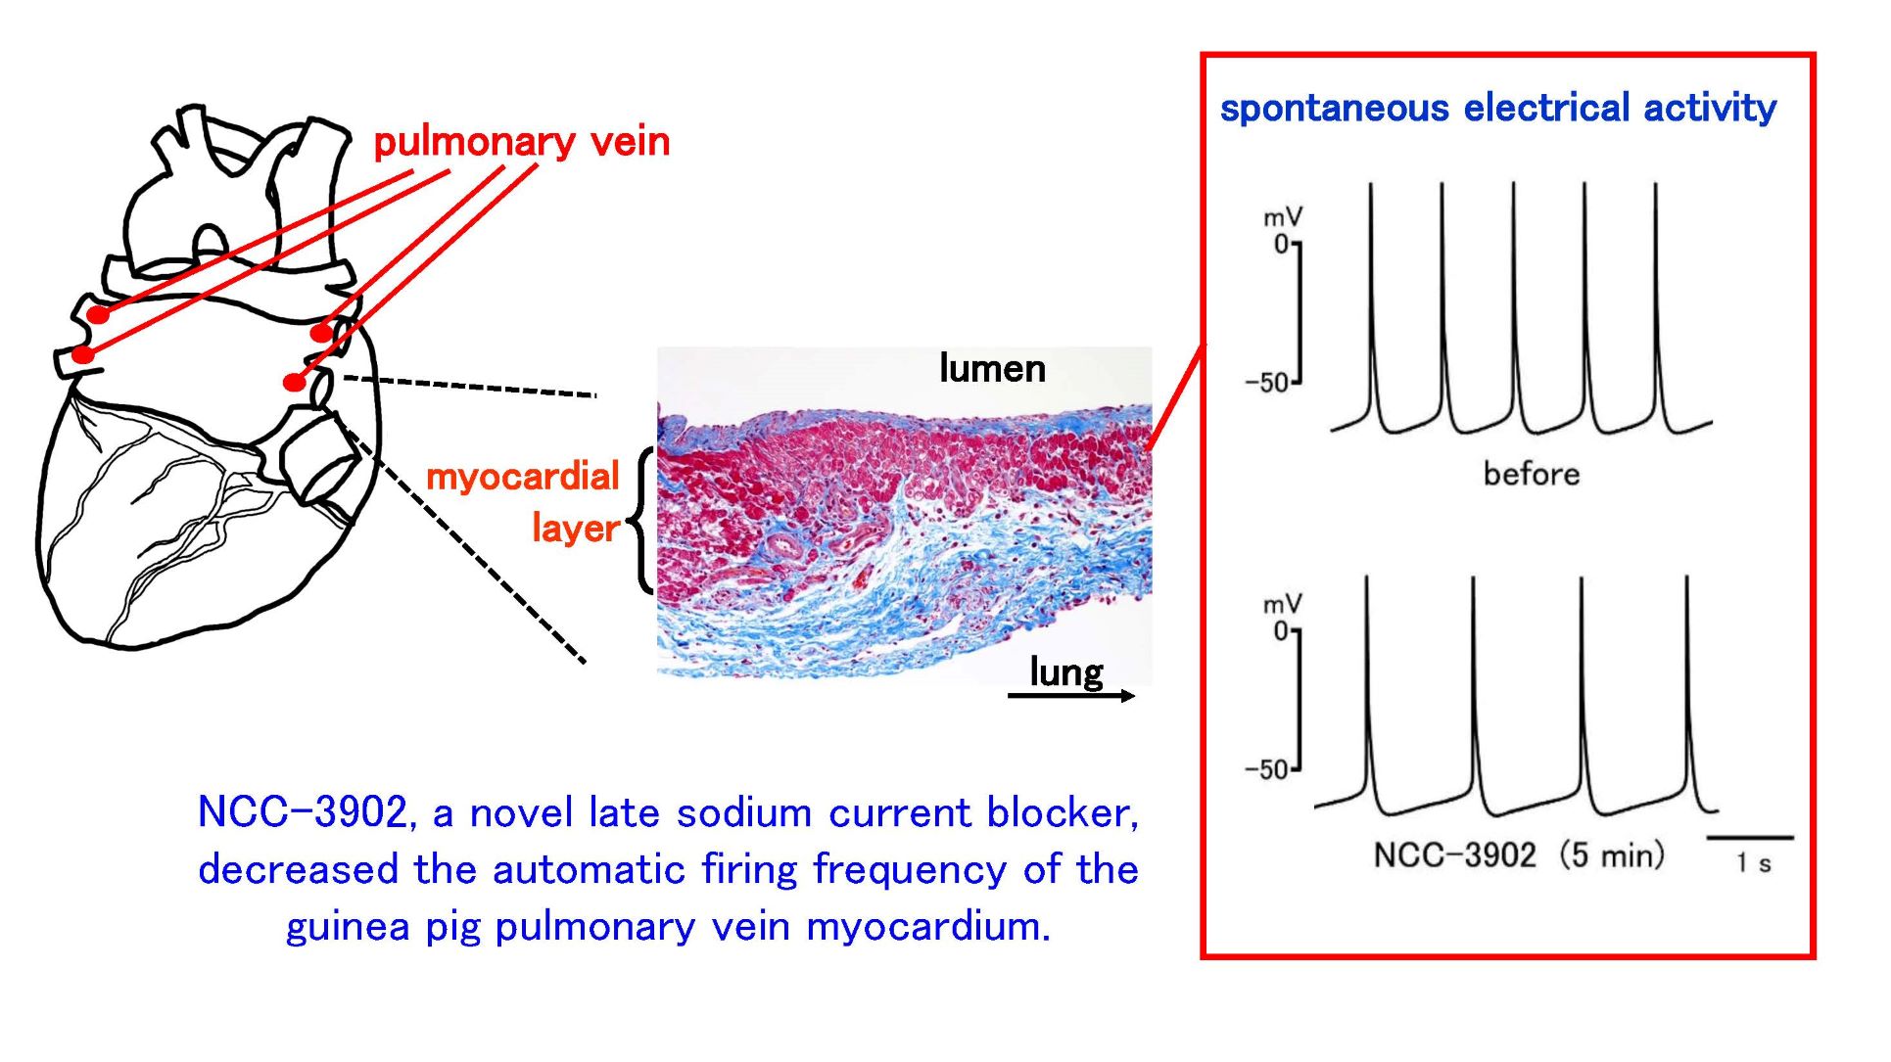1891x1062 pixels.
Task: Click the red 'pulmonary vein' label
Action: (521, 143)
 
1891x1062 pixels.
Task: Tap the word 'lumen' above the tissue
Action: (991, 369)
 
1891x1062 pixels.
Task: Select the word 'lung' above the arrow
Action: (1065, 671)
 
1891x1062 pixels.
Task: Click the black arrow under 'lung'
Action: (1070, 696)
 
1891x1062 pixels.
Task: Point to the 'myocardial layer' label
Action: (524, 501)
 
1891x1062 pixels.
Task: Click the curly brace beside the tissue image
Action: (643, 521)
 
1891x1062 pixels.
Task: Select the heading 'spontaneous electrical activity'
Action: (1497, 108)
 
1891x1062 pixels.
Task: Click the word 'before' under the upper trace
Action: (1531, 475)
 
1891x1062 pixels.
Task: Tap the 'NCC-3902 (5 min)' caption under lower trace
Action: (1518, 854)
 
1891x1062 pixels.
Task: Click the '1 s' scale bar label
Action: (1753, 863)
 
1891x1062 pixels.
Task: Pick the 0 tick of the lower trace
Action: (1281, 631)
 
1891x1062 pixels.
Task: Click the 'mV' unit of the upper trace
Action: (1282, 217)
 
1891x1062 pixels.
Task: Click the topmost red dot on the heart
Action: (98, 314)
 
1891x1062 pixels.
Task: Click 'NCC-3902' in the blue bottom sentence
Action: (303, 812)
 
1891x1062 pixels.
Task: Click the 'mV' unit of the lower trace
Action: (1282, 604)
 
